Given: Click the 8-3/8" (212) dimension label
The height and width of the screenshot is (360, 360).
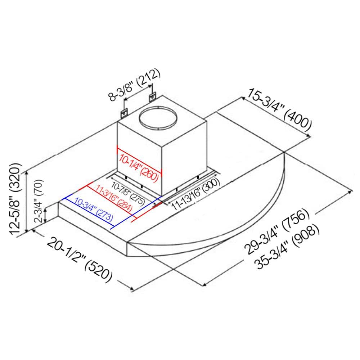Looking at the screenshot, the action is [134, 85].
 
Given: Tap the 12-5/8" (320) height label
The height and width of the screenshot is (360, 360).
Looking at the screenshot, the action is [15, 199].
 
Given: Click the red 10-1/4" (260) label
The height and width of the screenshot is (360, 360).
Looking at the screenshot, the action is [139, 167].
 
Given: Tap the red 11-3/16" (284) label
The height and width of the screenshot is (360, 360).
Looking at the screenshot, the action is [114, 198].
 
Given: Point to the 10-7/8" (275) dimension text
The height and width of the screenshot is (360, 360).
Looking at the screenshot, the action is [128, 193].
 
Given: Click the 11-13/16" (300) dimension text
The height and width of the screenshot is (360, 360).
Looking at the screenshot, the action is [195, 194].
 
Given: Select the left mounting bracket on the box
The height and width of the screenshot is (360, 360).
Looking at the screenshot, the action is [125, 113].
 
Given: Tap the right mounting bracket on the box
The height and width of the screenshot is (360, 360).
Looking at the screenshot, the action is [152, 97].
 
